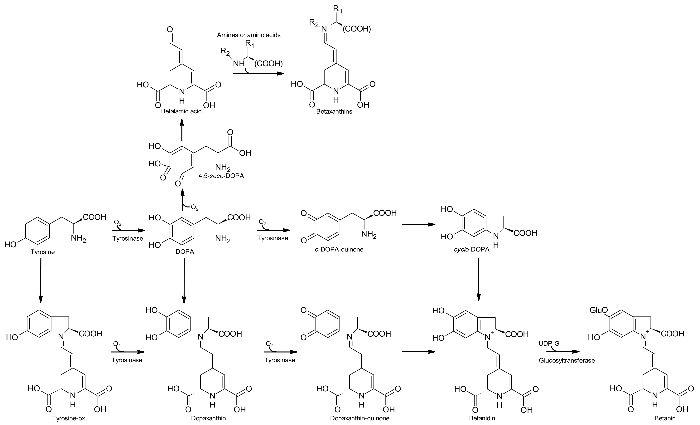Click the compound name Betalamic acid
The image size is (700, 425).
[181, 111]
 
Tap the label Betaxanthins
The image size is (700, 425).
[334, 111]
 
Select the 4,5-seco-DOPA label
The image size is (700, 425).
[221, 176]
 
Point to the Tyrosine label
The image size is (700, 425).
[43, 252]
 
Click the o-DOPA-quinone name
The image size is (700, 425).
[339, 250]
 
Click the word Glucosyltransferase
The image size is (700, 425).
[567, 360]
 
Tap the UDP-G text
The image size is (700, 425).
[549, 343]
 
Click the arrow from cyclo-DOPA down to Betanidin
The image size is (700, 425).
[479, 279]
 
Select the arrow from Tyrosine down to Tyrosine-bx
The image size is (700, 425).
[41, 280]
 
